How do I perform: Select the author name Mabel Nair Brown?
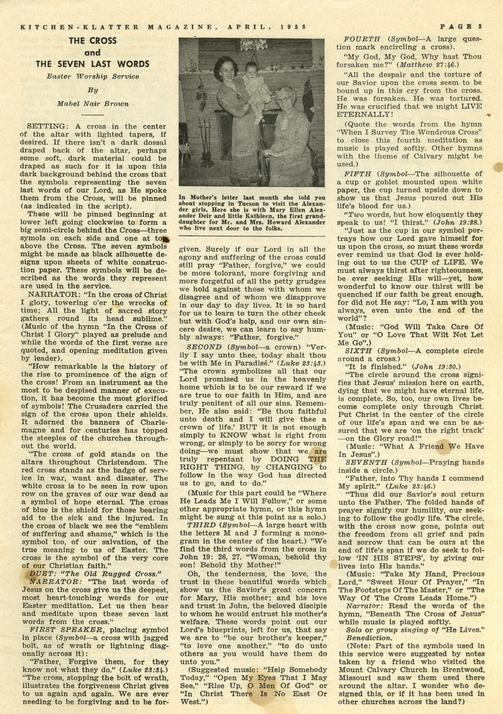point(92,104)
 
